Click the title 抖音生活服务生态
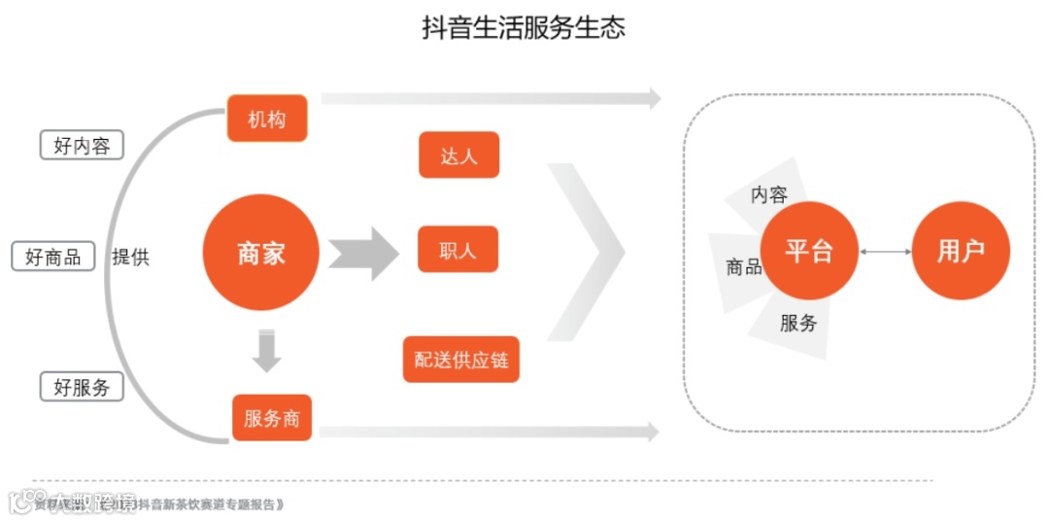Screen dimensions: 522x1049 point(524,27)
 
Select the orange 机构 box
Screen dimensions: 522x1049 point(266,119)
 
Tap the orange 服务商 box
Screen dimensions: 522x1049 point(272,418)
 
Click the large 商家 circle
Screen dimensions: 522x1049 point(261,253)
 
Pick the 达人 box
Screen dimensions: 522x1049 point(458,155)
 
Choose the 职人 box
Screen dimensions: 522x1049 point(458,250)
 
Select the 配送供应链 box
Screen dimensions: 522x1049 point(460,360)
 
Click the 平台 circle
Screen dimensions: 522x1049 point(809,251)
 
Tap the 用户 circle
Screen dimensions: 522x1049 point(961,251)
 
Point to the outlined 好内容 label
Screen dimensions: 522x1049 point(83,146)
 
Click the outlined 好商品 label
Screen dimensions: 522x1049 point(53,257)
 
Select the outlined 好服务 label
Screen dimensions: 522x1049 point(83,386)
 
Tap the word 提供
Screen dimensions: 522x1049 point(130,257)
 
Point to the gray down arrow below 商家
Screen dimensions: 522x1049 point(266,351)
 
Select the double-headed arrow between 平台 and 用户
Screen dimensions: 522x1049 point(885,252)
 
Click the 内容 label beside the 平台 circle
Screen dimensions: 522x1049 point(769,194)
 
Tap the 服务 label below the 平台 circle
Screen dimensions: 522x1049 point(798,323)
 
